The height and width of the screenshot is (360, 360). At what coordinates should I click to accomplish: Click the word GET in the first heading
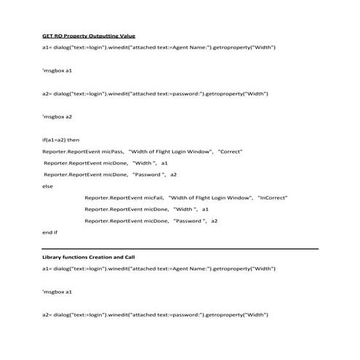(x=48, y=36)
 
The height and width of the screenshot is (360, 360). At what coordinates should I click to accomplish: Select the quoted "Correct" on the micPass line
(x=229, y=151)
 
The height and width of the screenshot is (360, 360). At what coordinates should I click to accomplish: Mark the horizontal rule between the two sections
(x=180, y=248)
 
